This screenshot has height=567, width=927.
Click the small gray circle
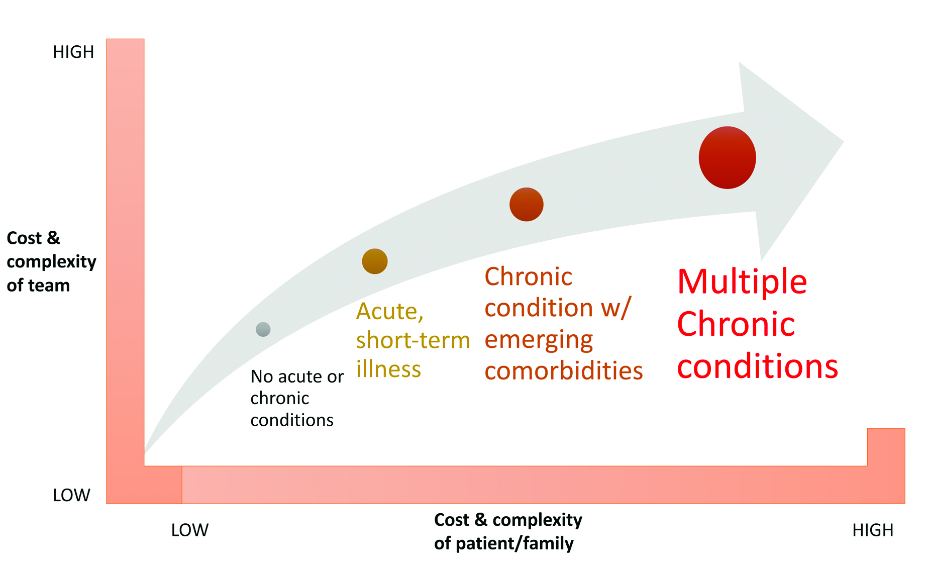263,329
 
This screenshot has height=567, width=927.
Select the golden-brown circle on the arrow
375,261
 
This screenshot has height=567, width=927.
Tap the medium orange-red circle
527,205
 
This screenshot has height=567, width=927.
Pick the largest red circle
728,157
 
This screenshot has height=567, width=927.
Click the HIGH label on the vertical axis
73,52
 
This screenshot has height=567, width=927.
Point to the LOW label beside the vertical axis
71,495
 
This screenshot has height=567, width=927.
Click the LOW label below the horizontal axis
189,530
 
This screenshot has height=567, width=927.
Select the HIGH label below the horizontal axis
873,530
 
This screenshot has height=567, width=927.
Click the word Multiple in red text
742,281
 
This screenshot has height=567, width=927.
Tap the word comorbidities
564,371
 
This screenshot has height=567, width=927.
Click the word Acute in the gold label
390,312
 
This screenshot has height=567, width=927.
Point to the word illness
388,369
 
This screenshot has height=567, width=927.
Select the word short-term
413,340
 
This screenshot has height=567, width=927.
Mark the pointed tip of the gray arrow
843,142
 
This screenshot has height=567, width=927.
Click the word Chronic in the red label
736,324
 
